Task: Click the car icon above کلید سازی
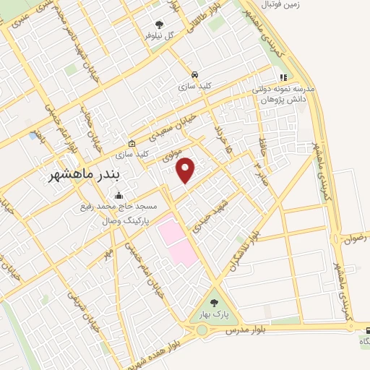195,74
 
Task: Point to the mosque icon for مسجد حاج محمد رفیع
119,195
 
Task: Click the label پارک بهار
214,316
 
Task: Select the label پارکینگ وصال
120,218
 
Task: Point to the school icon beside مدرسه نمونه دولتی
283,77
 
